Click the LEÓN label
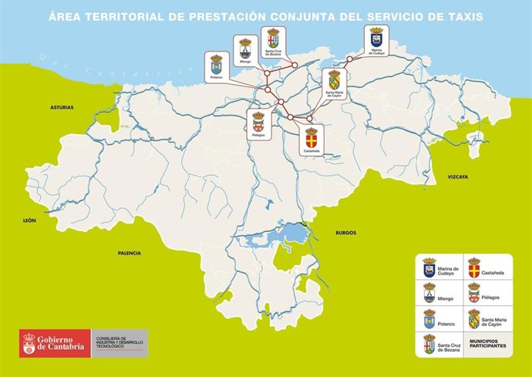click(x=29, y=220)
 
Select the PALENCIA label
click(x=130, y=253)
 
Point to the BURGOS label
click(x=346, y=232)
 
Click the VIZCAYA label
click(x=458, y=177)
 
